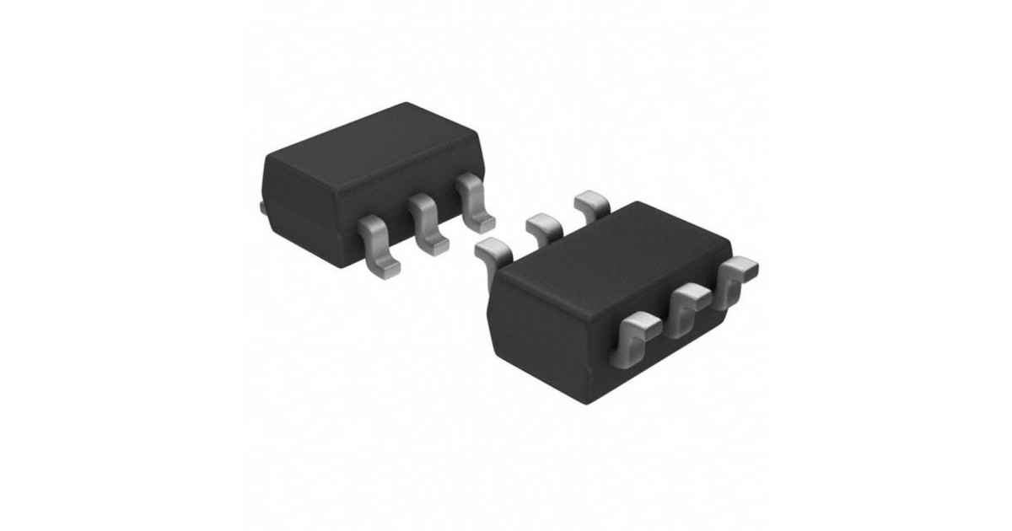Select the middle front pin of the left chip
tap(427, 223)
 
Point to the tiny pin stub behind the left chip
tap(262, 206)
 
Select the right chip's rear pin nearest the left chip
tap(493, 249)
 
